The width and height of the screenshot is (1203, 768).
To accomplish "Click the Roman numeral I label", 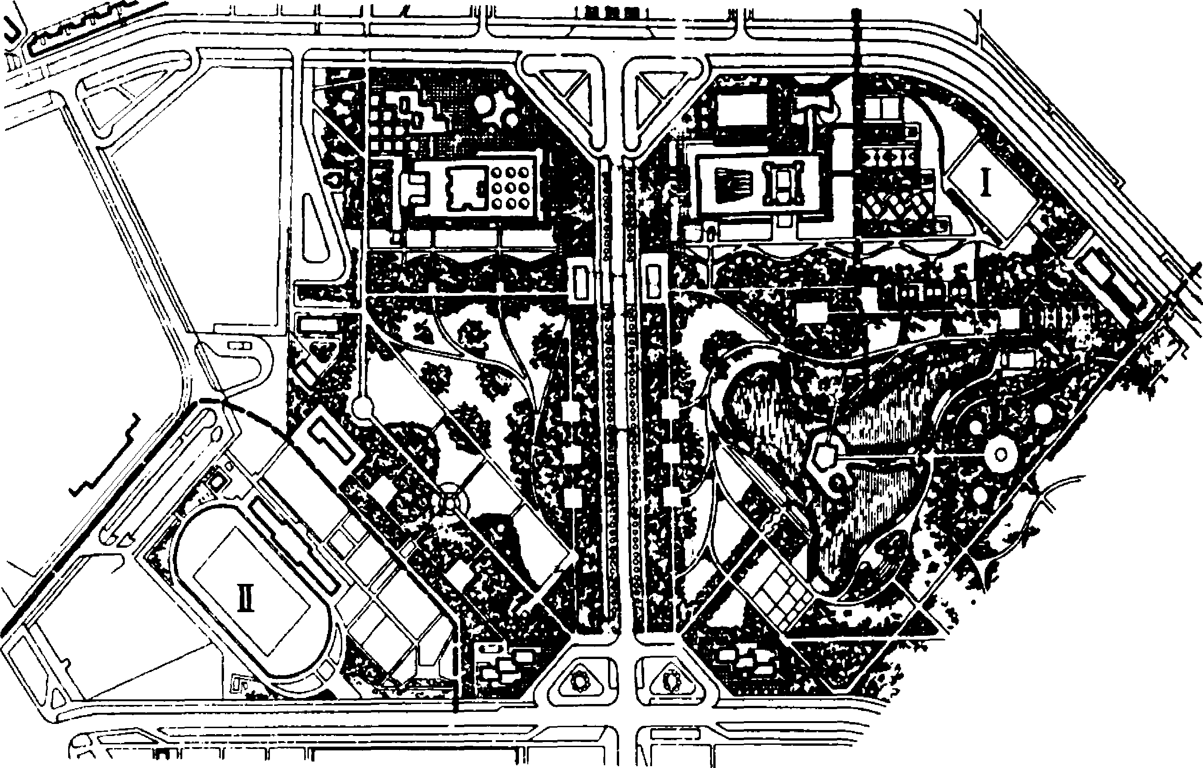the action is pyautogui.click(x=985, y=183).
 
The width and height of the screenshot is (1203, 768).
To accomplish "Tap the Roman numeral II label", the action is pyautogui.click(x=245, y=598).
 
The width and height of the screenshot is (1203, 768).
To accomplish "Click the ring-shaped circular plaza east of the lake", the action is pyautogui.click(x=1000, y=454).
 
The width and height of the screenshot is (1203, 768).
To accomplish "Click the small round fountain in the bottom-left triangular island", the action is pyautogui.click(x=581, y=681).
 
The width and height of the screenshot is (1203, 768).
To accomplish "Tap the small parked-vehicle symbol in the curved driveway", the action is pyautogui.click(x=240, y=345).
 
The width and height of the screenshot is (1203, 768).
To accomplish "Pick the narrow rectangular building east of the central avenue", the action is pyautogui.click(x=653, y=283).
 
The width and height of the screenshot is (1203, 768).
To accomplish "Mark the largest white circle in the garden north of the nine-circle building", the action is pyautogui.click(x=484, y=104).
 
